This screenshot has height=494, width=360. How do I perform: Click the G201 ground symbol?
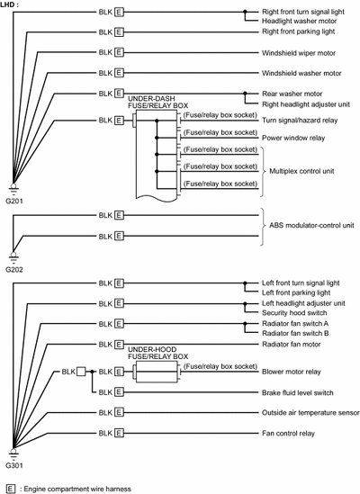[13, 188]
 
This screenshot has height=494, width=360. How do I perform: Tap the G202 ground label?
[14, 270]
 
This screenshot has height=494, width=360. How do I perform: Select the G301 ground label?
[14, 465]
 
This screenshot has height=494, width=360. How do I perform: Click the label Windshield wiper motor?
[299, 53]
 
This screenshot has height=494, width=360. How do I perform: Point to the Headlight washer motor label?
[299, 21]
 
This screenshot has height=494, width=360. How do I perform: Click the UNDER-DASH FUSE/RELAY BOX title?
[157, 102]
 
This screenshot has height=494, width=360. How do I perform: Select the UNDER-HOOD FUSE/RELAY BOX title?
[157, 353]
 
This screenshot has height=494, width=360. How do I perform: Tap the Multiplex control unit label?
[301, 171]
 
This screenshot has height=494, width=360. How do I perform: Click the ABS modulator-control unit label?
[311, 226]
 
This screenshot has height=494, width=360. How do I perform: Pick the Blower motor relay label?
[292, 372]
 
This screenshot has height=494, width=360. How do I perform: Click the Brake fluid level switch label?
[298, 393]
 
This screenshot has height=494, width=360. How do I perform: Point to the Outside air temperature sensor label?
[310, 413]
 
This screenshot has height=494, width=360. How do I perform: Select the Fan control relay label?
[288, 434]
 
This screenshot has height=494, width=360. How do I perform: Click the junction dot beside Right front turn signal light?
[245, 12]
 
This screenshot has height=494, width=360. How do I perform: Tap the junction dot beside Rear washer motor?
[245, 94]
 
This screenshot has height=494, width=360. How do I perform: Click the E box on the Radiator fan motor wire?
[119, 345]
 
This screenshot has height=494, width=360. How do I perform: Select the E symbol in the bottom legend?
[11, 489]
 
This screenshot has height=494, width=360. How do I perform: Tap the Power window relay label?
[293, 138]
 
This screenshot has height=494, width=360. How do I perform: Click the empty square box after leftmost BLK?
[81, 372]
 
